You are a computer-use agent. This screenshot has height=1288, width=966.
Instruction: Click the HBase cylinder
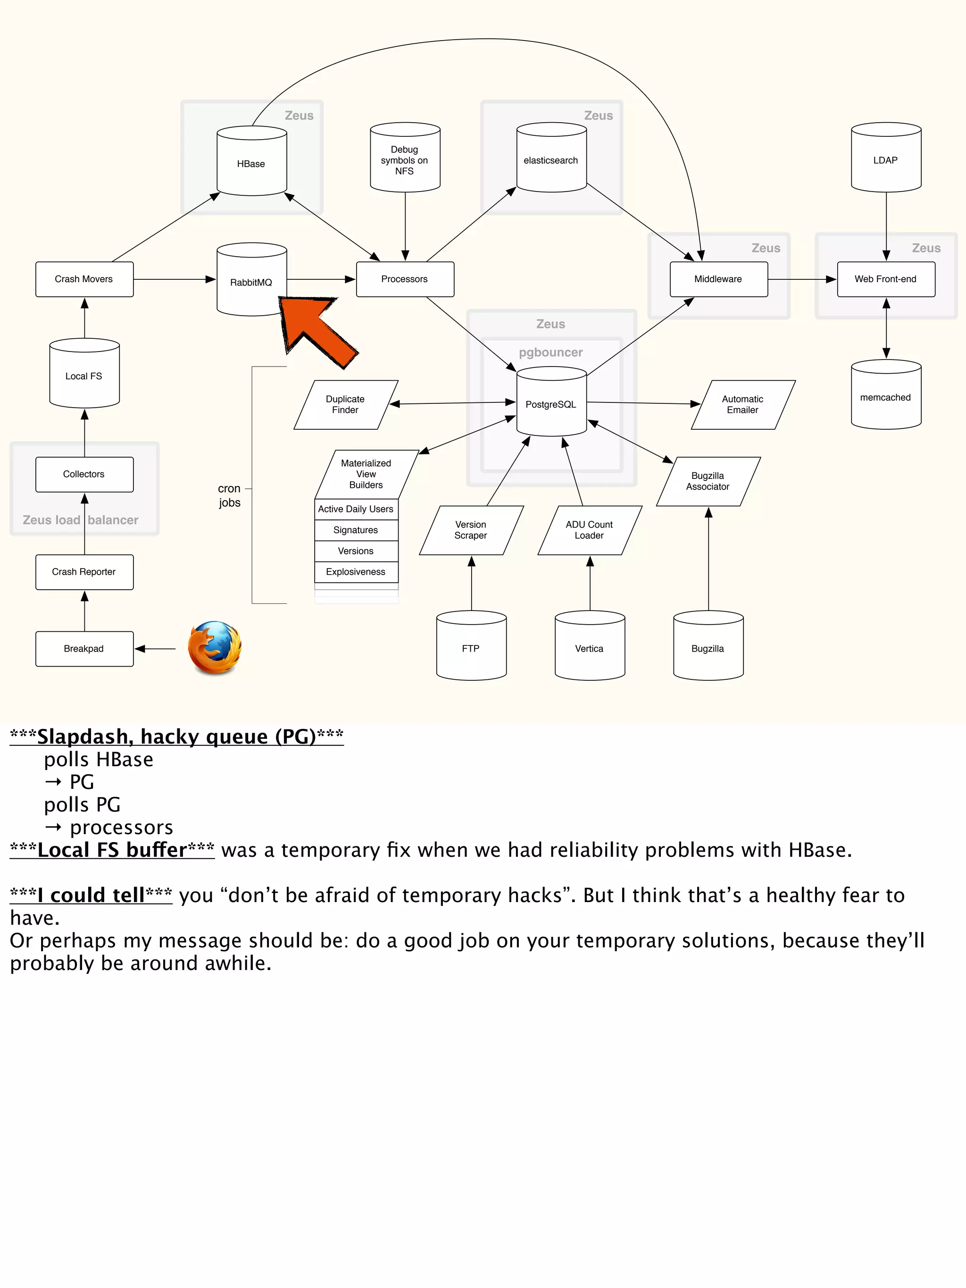(251, 163)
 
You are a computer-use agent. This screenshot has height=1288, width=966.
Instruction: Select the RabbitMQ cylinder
(251, 281)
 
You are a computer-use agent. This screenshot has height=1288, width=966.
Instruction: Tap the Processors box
(405, 279)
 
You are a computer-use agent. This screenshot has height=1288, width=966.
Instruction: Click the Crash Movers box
(84, 279)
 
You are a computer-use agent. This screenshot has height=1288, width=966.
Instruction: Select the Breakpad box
(84, 649)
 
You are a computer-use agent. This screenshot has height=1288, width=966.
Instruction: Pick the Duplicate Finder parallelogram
(346, 405)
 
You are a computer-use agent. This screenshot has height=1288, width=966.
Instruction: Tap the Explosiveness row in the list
(356, 572)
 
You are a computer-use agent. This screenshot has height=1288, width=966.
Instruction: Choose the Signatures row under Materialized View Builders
(356, 530)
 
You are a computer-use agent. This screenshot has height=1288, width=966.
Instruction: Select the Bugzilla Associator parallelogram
(708, 481)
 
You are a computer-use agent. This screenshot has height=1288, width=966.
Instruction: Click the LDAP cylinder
(886, 159)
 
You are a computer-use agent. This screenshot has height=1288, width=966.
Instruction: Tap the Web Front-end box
(886, 279)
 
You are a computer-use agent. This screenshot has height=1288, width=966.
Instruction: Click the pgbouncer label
(551, 352)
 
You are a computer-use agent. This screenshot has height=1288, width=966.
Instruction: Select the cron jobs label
(229, 495)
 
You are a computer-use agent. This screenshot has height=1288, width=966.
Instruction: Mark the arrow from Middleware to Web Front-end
(802, 279)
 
